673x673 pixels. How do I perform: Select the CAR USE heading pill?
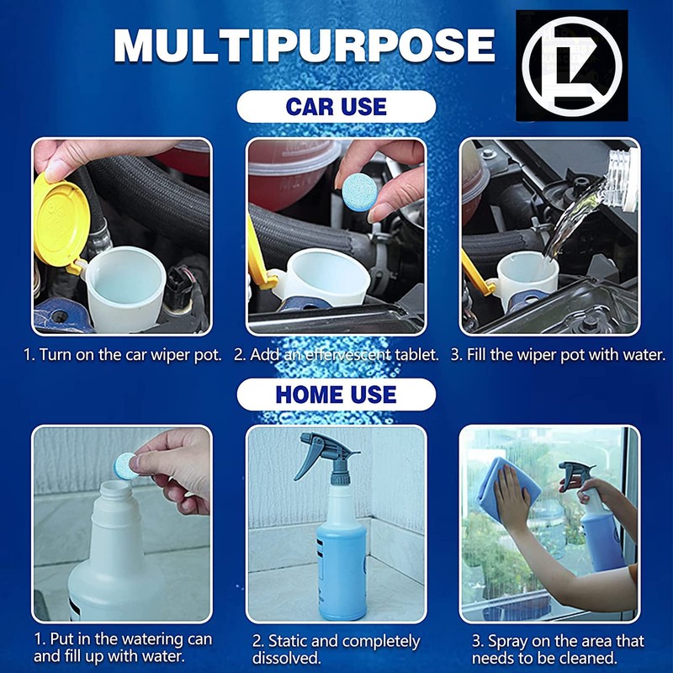pyautogui.click(x=336, y=108)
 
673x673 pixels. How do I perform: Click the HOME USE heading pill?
pyautogui.click(x=336, y=395)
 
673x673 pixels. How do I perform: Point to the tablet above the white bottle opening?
pyautogui.click(x=127, y=464)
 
